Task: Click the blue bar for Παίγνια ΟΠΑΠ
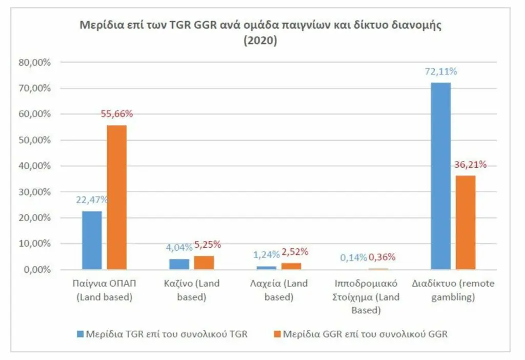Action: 92,240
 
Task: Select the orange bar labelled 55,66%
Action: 117,197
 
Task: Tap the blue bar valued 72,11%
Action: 440,176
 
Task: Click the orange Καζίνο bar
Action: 204,263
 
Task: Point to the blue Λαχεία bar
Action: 266,268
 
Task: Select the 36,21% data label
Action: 471,165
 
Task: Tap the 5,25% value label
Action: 208,245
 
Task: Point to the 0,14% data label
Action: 353,258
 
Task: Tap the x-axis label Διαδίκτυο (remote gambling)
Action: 453,290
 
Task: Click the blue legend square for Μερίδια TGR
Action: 79,334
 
